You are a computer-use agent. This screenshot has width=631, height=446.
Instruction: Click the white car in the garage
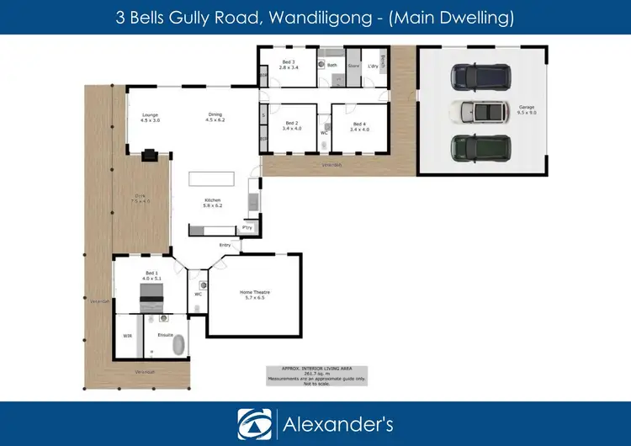click(477, 111)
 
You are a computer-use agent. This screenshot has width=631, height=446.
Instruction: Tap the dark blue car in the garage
click(477, 77)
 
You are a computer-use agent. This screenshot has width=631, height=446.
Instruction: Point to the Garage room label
click(527, 109)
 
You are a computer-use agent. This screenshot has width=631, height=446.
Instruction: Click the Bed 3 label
click(288, 65)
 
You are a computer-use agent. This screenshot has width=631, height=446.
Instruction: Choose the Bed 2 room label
click(291, 128)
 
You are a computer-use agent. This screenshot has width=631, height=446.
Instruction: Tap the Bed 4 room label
click(360, 128)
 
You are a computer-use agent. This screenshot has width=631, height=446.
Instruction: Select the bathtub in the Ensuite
click(167, 348)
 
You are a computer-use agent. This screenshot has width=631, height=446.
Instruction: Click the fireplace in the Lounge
click(149, 155)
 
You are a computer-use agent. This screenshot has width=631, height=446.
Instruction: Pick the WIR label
click(128, 336)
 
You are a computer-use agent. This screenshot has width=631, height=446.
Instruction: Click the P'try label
click(247, 227)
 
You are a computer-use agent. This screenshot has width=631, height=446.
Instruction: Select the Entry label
click(225, 245)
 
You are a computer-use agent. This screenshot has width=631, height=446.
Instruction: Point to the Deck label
click(140, 199)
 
